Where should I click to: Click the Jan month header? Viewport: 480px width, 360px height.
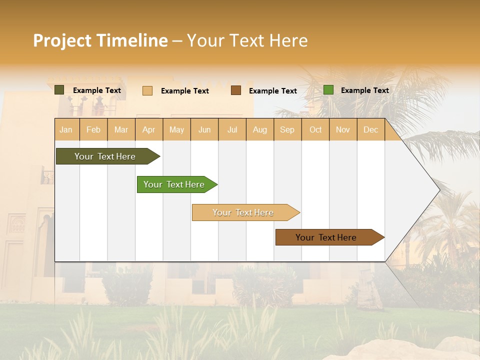coord(66,129)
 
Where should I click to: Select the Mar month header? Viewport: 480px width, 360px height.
coord(121,129)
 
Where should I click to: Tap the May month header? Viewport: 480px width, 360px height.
coord(176,129)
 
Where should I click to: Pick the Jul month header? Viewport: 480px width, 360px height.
coord(232,129)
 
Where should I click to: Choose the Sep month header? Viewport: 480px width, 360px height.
coord(287,129)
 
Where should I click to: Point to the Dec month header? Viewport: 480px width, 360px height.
coord(370,129)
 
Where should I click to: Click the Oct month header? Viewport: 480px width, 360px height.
coord(315,129)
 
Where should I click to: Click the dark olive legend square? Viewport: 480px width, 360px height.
coord(59,90)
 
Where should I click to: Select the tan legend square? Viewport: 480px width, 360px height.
coord(147,90)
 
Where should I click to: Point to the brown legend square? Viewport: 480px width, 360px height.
coord(236,90)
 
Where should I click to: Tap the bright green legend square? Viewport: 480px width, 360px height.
coord(328,90)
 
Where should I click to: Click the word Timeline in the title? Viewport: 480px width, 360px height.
coord(132,40)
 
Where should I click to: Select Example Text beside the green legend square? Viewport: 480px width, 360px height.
coord(364,90)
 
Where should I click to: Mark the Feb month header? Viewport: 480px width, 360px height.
coord(93,129)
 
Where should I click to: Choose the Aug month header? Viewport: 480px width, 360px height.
coord(259,129)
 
